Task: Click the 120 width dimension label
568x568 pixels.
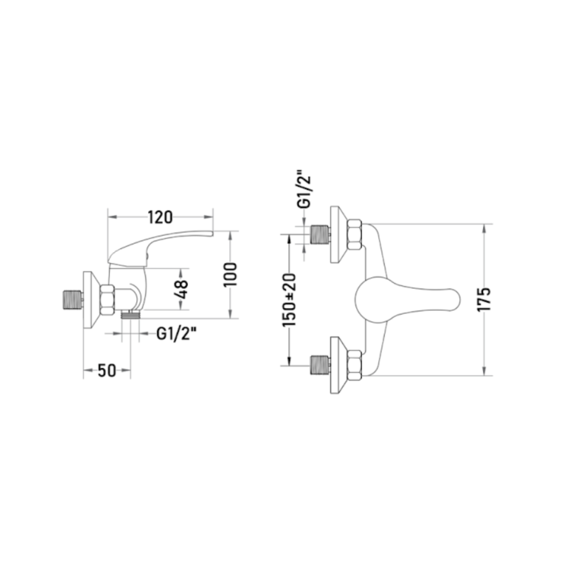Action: tap(160, 217)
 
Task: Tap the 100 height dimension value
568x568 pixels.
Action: tap(230, 274)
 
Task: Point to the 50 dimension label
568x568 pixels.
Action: tap(107, 370)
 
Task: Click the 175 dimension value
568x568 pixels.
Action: tap(484, 299)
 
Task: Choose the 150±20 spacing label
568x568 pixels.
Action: tap(289, 300)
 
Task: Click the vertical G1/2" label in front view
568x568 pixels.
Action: tap(304, 189)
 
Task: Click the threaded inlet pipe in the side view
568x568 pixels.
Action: tap(71, 300)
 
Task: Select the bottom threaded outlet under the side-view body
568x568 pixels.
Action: tap(131, 314)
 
